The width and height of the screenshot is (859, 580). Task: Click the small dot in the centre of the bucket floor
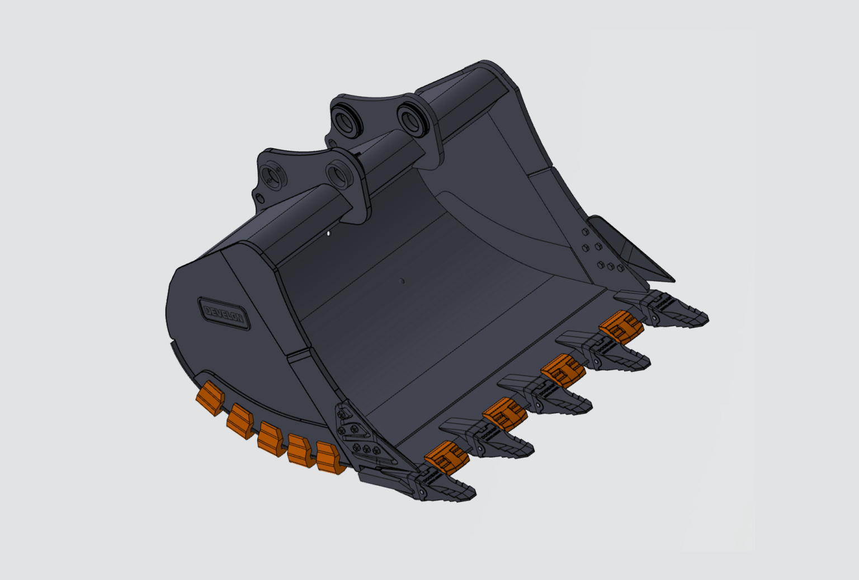pyautogui.click(x=402, y=281)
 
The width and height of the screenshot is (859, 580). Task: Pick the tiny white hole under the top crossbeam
pyautogui.click(x=329, y=233)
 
